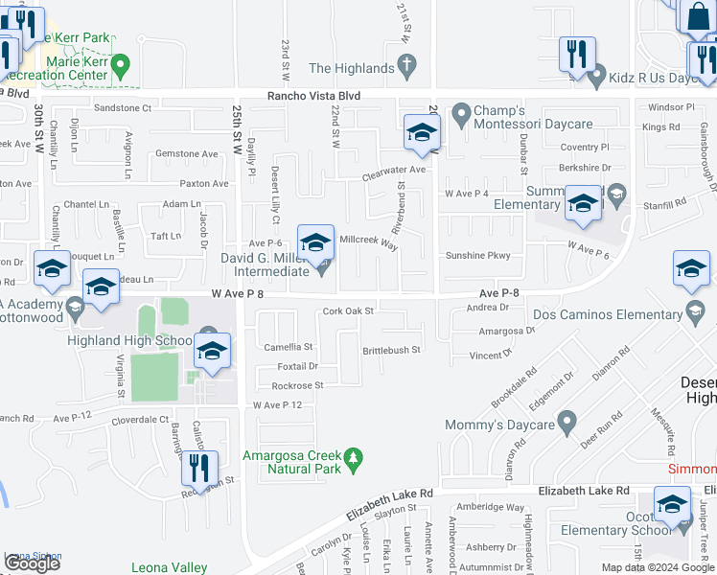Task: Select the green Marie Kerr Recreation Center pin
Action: point(120,67)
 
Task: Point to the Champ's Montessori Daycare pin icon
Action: point(461,116)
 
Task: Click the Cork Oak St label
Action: point(347,310)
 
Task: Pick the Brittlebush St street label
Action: point(391,351)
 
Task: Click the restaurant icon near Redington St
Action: point(199,467)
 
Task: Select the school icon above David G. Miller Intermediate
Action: point(315,241)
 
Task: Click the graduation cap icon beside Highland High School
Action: point(213,350)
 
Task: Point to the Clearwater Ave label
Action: point(393,170)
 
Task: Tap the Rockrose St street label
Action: point(297,385)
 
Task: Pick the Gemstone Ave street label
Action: point(188,153)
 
